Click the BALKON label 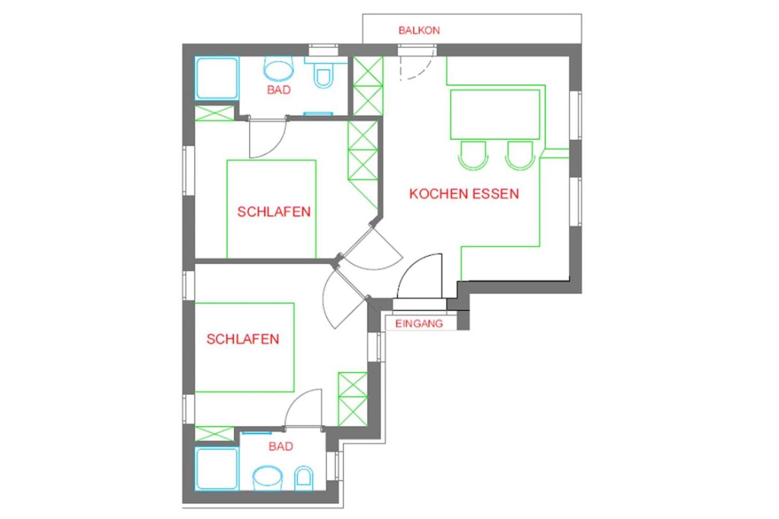[419, 31]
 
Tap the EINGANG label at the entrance [419, 324]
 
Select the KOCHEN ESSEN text [464, 194]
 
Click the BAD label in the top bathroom [279, 90]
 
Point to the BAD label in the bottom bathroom [280, 446]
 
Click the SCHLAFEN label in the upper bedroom [274, 212]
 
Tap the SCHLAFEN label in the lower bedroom [243, 339]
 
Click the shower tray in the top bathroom [217, 78]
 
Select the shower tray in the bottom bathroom [217, 468]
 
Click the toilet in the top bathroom [323, 73]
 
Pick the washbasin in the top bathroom [278, 68]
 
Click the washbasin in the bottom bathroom [268, 478]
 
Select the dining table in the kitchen [495, 115]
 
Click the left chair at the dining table [473, 155]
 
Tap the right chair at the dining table [520, 155]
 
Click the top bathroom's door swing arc [277, 148]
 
